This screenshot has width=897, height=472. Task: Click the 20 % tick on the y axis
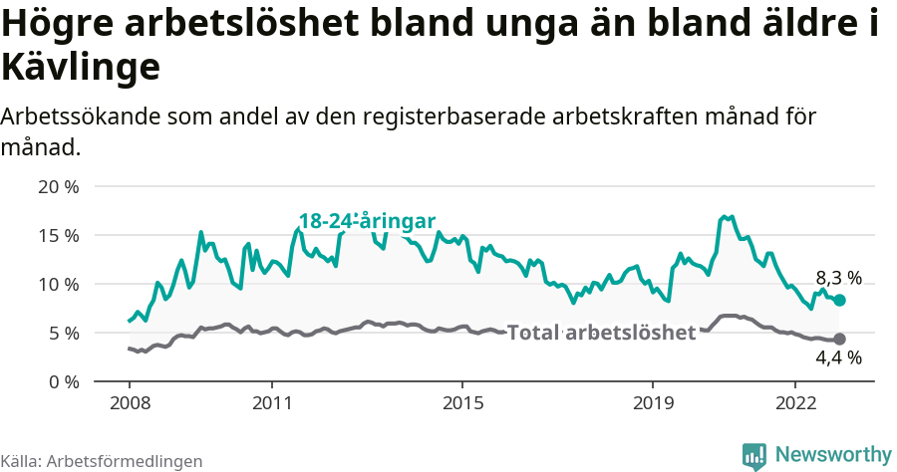pyautogui.click(x=59, y=186)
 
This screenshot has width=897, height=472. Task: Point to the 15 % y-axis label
pyautogui.click(x=59, y=235)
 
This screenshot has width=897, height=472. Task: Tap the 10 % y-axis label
pyautogui.click(x=59, y=284)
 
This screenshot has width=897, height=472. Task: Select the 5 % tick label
pyautogui.click(x=63, y=333)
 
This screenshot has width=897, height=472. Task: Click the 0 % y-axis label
pyautogui.click(x=63, y=381)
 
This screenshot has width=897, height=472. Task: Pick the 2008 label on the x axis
pyautogui.click(x=130, y=403)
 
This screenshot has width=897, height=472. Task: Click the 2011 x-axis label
pyautogui.click(x=272, y=403)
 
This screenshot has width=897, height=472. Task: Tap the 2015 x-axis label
pyautogui.click(x=462, y=403)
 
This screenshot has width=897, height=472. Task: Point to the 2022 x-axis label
pyautogui.click(x=795, y=403)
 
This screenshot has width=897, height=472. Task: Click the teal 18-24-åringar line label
pyautogui.click(x=368, y=222)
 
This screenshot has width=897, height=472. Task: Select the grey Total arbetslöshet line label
pyautogui.click(x=601, y=333)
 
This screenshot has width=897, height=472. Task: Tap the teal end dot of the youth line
pyautogui.click(x=839, y=301)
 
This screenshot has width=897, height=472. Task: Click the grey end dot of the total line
pyautogui.click(x=839, y=339)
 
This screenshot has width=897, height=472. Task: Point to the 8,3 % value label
pyautogui.click(x=838, y=278)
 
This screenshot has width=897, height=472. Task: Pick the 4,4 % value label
pyautogui.click(x=838, y=358)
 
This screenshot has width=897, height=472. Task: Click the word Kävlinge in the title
pyautogui.click(x=81, y=68)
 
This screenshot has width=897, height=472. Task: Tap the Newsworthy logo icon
pyautogui.click(x=755, y=455)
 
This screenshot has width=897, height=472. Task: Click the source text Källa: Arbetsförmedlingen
pyautogui.click(x=102, y=461)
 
